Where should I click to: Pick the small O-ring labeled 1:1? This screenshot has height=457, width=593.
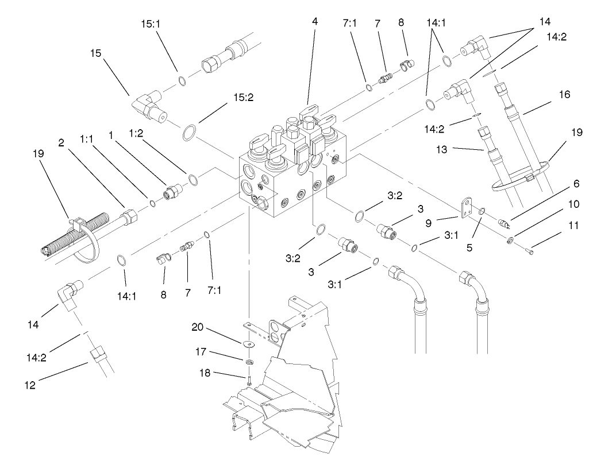coord(152,203)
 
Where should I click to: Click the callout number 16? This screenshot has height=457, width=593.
coord(565,94)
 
